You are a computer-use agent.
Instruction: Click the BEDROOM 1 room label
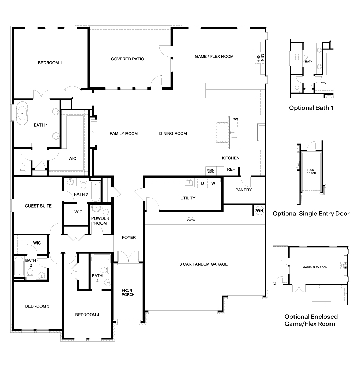pyautogui.click(x=50, y=63)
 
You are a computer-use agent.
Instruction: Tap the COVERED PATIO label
pyautogui.click(x=128, y=59)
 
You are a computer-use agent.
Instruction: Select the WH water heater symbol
pyautogui.click(x=259, y=210)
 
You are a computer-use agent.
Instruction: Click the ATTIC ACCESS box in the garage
pyautogui.click(x=191, y=219)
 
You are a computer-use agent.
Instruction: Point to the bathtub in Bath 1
pyautogui.click(x=23, y=113)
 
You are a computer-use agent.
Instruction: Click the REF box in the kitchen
pyautogui.click(x=231, y=169)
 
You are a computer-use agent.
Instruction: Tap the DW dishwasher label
pyautogui.click(x=235, y=119)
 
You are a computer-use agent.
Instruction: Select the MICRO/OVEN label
pyautogui.click(x=211, y=171)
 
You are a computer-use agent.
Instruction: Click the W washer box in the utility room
pyautogui.click(x=213, y=183)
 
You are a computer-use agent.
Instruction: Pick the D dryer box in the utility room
pyautogui.click(x=202, y=183)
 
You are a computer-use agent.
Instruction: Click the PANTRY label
pyautogui.click(x=243, y=190)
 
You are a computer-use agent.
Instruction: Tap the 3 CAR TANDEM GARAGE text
pyautogui.click(x=203, y=264)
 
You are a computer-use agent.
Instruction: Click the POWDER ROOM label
pyautogui.click(x=100, y=221)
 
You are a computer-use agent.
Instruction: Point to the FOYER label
pyautogui.click(x=129, y=237)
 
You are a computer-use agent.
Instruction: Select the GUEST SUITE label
pyautogui.click(x=38, y=206)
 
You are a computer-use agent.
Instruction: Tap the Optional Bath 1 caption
pyautogui.click(x=311, y=108)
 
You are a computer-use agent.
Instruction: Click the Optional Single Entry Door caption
pyautogui.click(x=311, y=214)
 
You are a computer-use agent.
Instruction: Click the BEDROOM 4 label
pyautogui.click(x=87, y=315)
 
